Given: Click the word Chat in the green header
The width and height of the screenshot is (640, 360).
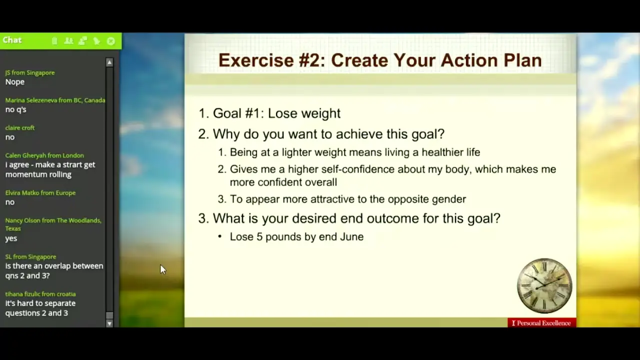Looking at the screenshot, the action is click(x=12, y=40).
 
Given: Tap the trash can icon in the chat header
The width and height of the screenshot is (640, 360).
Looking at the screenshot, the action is click(x=54, y=41).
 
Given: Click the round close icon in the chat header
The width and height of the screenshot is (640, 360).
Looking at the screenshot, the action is click(x=111, y=41).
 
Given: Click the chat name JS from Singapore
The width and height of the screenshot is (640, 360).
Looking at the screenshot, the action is click(x=30, y=72).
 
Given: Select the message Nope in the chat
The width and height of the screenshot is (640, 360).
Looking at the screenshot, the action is click(x=15, y=82).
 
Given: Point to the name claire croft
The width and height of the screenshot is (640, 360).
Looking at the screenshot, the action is click(x=19, y=127).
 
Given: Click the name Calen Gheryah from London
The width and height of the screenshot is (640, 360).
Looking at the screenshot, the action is click(x=44, y=155).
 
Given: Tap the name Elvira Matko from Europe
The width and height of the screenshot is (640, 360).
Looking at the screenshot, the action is click(x=40, y=193).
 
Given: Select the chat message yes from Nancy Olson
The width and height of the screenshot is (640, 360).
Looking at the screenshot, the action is click(x=11, y=238).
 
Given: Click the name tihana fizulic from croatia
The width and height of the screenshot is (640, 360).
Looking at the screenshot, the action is click(x=40, y=294).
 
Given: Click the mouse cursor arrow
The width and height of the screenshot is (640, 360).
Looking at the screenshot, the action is click(x=163, y=269).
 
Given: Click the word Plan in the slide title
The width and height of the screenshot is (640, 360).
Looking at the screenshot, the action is click(x=522, y=60).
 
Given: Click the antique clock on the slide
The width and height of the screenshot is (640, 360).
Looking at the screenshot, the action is click(x=544, y=285).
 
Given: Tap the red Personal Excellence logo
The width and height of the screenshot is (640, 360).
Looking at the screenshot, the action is click(x=542, y=323).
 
